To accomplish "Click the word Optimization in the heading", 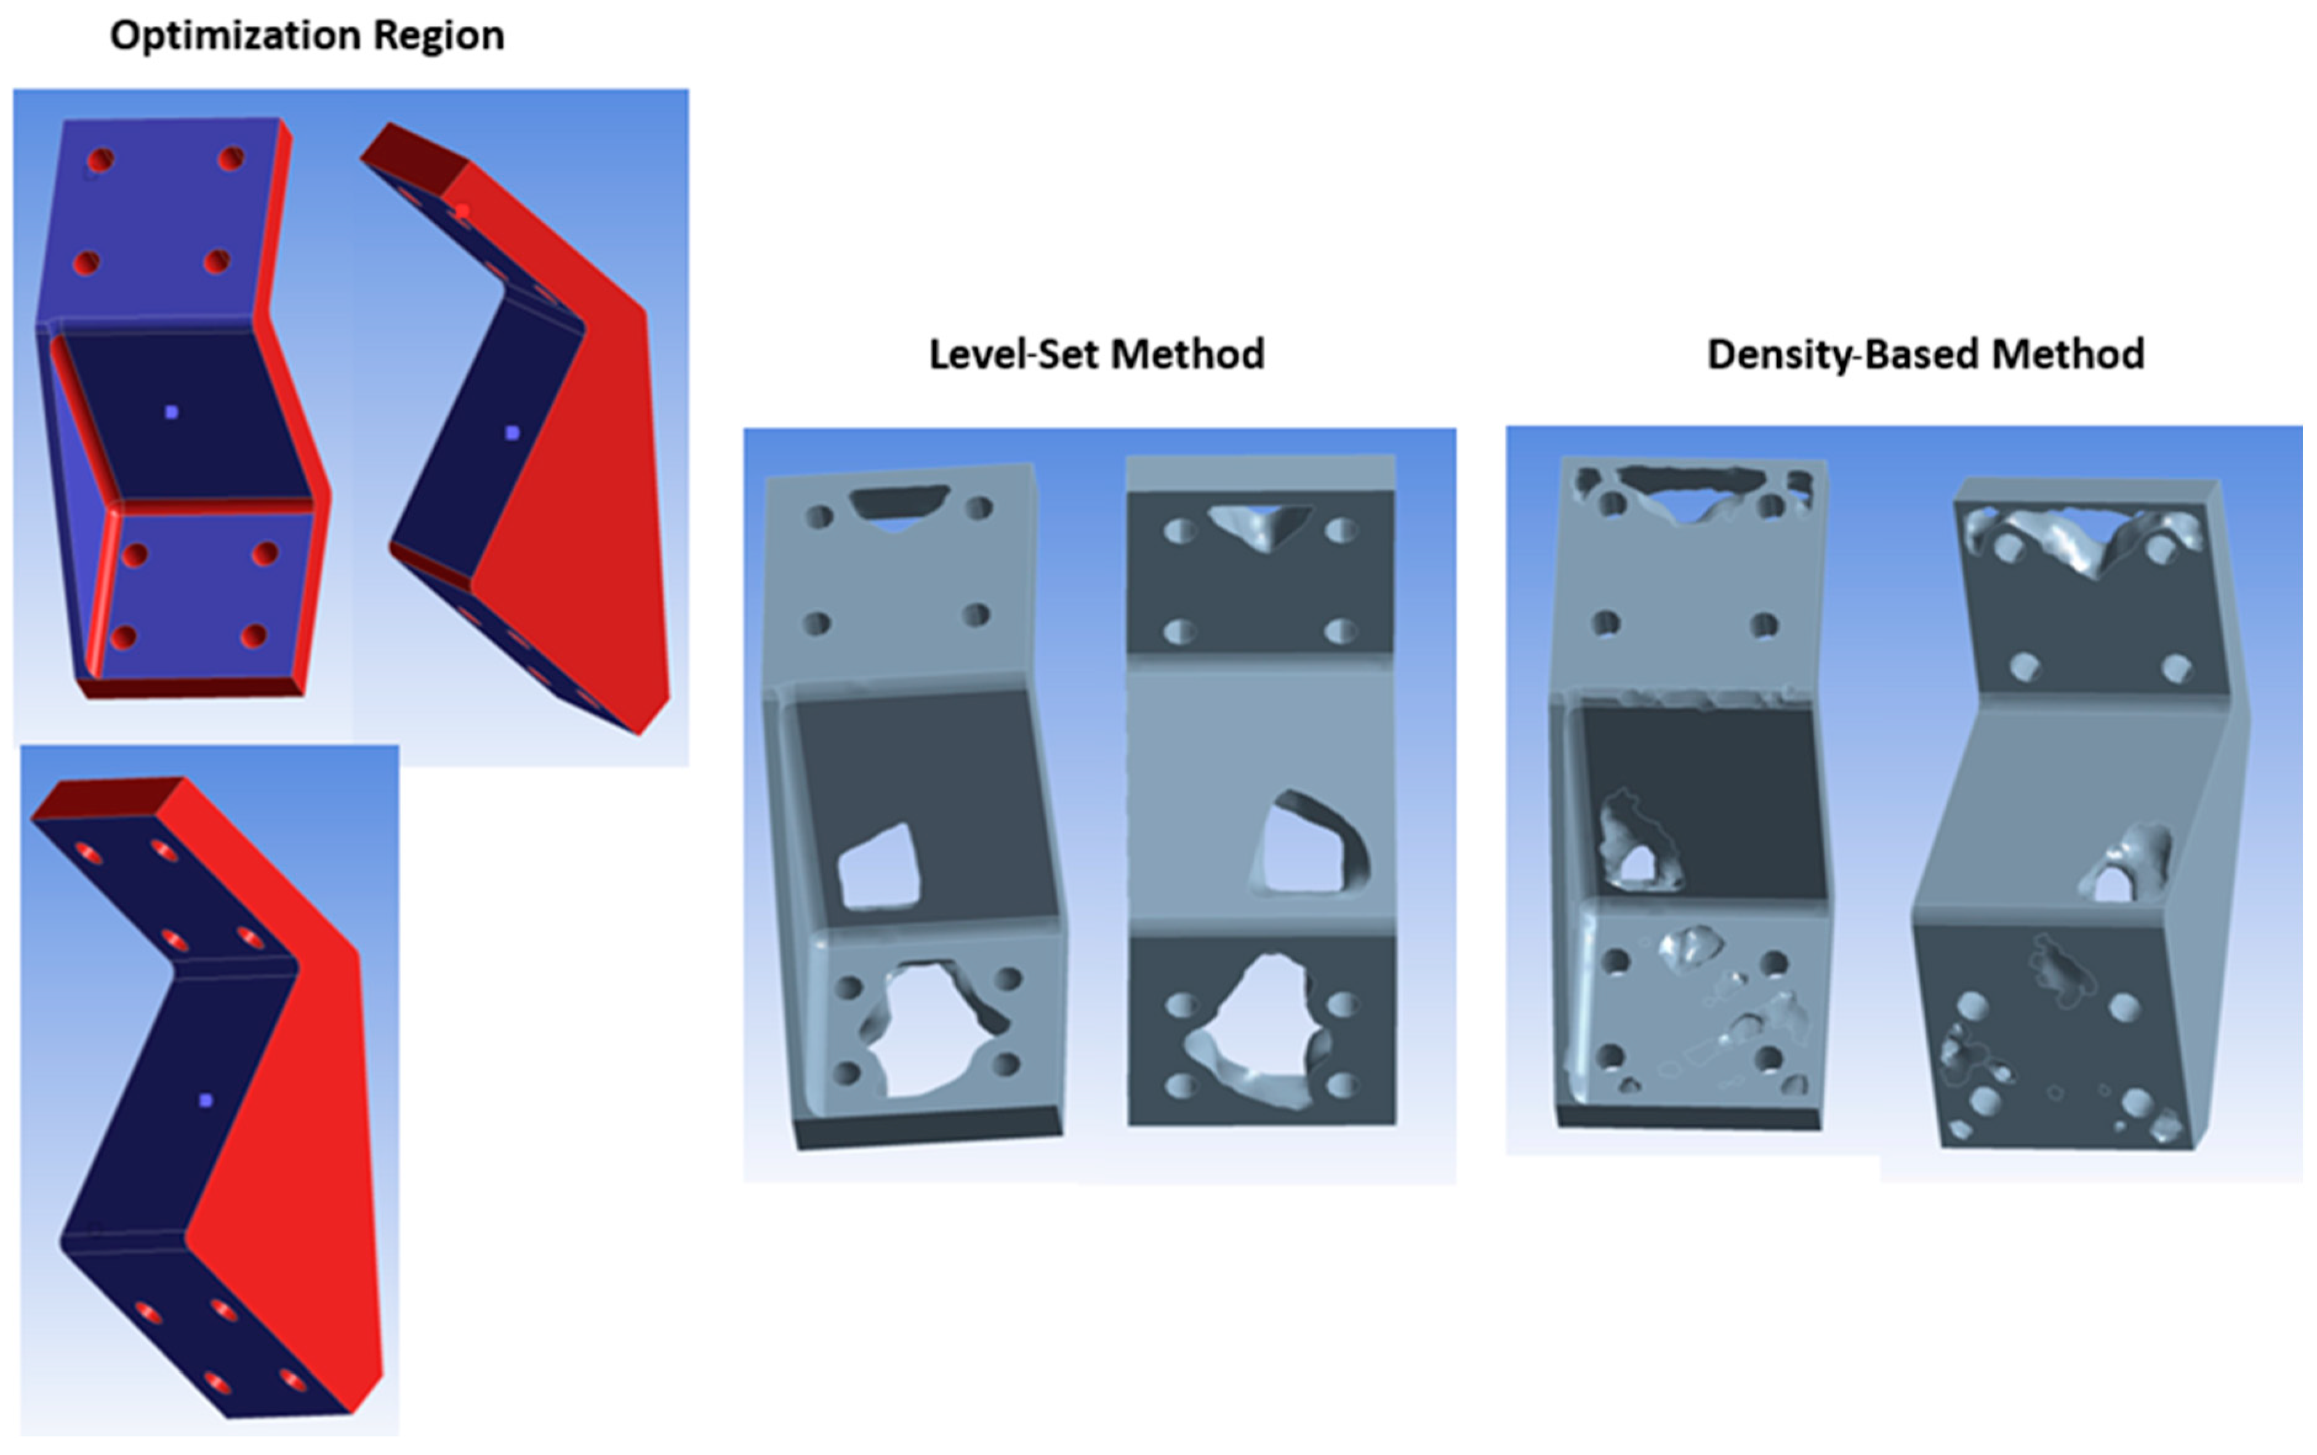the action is click(236, 36).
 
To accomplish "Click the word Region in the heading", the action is click(439, 36).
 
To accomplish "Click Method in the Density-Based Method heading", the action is click(2068, 354).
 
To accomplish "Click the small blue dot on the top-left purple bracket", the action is click(171, 412).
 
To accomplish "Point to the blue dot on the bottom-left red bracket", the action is click(205, 1100).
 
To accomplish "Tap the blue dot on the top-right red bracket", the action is click(512, 433).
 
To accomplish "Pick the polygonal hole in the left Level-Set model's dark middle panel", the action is click(878, 867).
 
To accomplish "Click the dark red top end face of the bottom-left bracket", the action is click(108, 799).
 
